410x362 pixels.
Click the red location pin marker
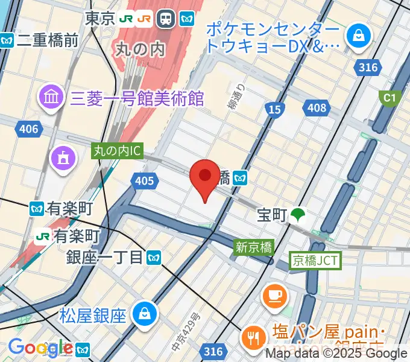(204, 177)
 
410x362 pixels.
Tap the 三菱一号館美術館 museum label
(137, 97)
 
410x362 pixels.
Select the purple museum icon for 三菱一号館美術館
(51, 97)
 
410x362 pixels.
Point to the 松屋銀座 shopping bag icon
(145, 313)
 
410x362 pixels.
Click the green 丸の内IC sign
(117, 151)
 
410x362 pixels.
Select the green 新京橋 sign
(254, 246)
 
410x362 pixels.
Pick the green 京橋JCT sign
(315, 260)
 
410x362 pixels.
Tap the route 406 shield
(28, 129)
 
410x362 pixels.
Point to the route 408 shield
(316, 108)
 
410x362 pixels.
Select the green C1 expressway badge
(389, 97)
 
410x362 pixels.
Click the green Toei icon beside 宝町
(297, 215)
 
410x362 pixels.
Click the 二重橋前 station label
(48, 40)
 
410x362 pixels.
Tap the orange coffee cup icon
(276, 295)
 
